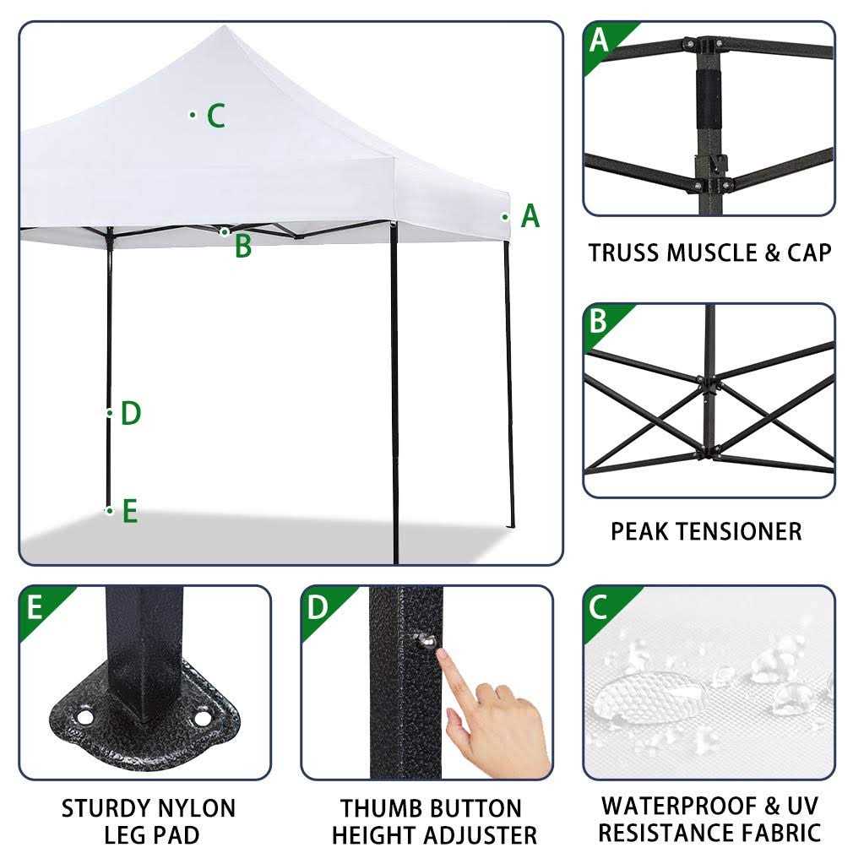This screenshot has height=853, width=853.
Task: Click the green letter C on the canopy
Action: [216, 116]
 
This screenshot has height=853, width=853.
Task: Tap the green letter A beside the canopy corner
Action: [530, 216]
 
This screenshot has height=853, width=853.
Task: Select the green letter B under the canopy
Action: [243, 246]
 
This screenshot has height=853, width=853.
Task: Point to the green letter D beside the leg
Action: [130, 414]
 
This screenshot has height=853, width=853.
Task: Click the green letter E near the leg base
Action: [129, 511]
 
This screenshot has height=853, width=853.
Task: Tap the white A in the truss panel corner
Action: [599, 39]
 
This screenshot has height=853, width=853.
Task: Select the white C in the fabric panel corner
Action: [599, 606]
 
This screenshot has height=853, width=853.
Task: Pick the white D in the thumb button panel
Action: [318, 606]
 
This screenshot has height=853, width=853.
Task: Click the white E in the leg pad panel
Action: [35, 606]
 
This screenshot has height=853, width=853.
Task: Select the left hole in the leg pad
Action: [84, 717]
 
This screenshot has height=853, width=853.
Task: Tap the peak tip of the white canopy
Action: [222, 28]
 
